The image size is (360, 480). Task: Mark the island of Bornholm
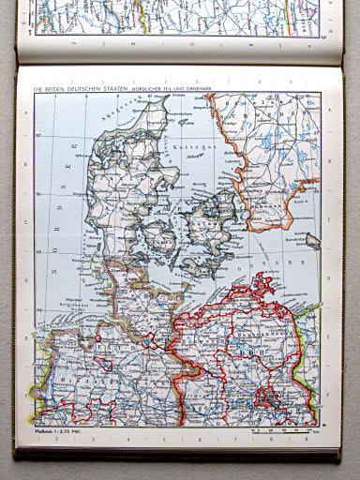coord(311,240)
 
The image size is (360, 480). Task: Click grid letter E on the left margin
coord(30,375)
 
